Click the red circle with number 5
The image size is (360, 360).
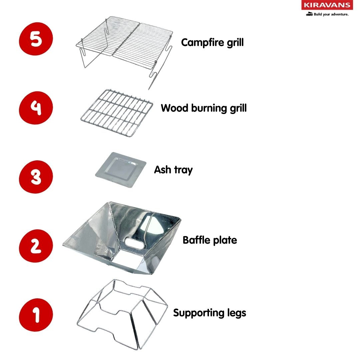tap(36, 39)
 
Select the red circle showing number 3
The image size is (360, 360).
tap(36, 177)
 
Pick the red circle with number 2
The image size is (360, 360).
tap(36, 246)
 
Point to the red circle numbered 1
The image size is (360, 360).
tap(36, 315)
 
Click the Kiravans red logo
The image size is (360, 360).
tap(327, 5)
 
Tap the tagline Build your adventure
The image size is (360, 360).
tap(331, 14)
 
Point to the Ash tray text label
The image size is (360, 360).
tap(173, 170)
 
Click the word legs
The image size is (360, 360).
tap(235, 313)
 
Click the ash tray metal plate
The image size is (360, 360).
tap(121, 170)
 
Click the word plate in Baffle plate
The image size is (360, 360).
tap(225, 240)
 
